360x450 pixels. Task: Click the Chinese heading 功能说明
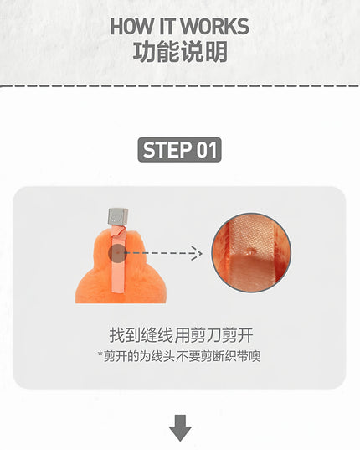180,52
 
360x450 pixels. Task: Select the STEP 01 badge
180,149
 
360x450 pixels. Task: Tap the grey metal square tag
118,216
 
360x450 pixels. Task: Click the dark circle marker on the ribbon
117,253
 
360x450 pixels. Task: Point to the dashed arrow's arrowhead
197,253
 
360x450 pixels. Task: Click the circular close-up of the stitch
251,253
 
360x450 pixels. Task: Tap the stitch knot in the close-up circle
251,251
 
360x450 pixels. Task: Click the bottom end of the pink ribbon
118,292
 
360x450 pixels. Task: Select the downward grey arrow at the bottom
180,427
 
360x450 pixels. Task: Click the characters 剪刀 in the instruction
204,335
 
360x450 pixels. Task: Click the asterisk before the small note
100,354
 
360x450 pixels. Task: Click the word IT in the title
167,26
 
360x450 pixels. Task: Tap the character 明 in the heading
216,52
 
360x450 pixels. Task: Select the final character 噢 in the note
255,356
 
